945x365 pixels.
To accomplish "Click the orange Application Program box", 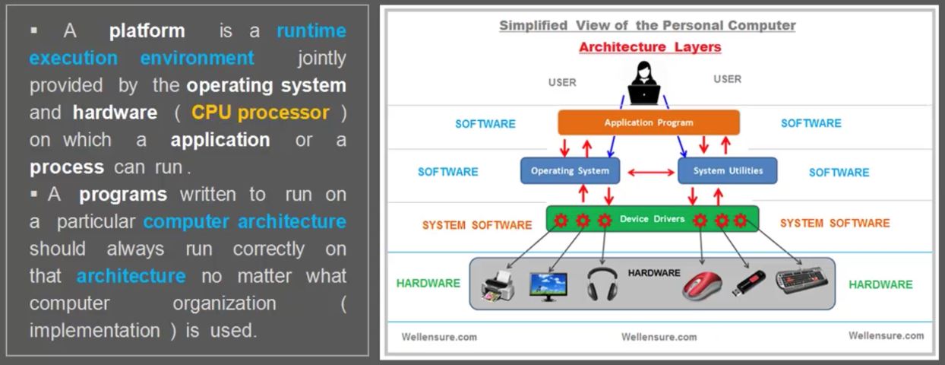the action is coord(649,122).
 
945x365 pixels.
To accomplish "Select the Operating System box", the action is coord(570,170).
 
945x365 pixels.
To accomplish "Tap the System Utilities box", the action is coord(727,170).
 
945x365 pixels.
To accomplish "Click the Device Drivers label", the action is coord(653,219).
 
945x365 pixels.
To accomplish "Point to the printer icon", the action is coord(498,286).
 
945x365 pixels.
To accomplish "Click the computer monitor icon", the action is coord(548,287).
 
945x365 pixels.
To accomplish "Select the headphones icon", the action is coord(602,284).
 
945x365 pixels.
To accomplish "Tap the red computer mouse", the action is coord(702,286).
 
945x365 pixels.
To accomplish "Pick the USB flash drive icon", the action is coord(748,283).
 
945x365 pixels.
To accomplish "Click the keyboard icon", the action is coord(801,280).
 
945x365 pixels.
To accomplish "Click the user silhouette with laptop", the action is coord(643,83).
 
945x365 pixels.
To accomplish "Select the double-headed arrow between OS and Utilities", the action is coord(651,173).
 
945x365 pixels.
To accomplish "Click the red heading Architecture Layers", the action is coord(650,47).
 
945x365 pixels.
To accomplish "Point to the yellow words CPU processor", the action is coord(261,113).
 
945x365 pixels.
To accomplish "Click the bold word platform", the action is coord(147,31).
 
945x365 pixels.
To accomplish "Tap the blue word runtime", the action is coord(311,31).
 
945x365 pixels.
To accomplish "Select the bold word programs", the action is coord(123,195).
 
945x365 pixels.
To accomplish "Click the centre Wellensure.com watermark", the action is coord(659,337).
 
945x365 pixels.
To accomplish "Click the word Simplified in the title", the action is coord(533,25).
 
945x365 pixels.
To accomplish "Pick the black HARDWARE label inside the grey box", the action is coord(654,273).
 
